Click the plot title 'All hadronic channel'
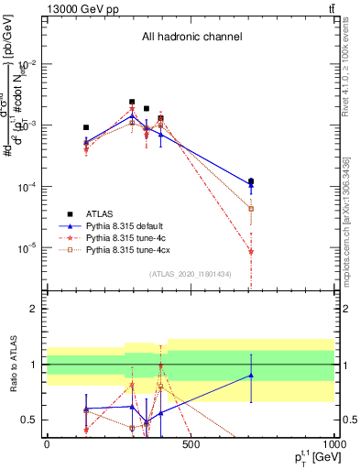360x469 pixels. (191, 37)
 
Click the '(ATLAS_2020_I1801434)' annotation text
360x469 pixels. (191, 274)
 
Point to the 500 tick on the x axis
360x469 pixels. (191, 446)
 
